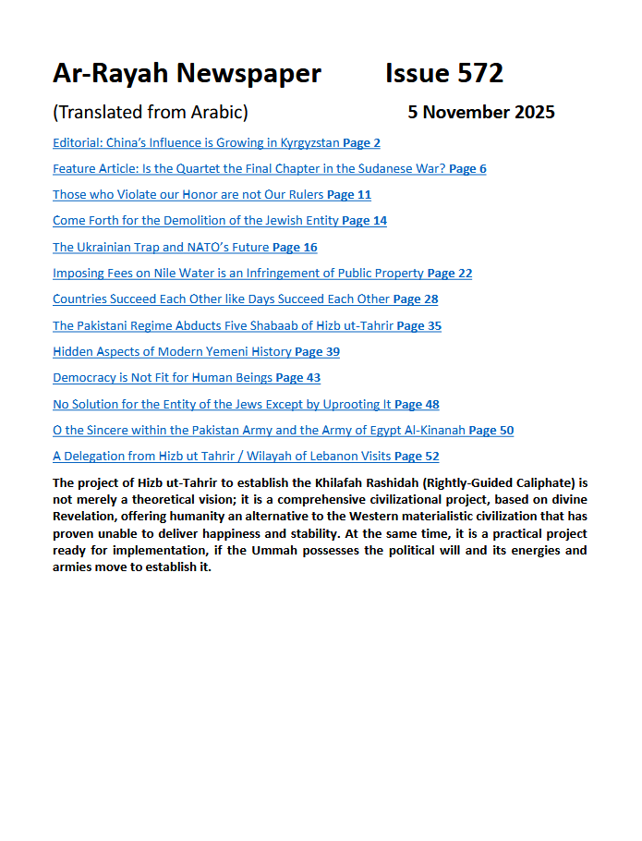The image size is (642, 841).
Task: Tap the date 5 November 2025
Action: point(481,113)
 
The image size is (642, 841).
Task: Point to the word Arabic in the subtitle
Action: point(218,113)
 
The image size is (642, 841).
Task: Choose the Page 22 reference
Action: point(450,274)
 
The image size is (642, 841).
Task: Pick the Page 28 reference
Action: point(416,299)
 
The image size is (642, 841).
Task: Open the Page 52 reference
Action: point(417,457)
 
